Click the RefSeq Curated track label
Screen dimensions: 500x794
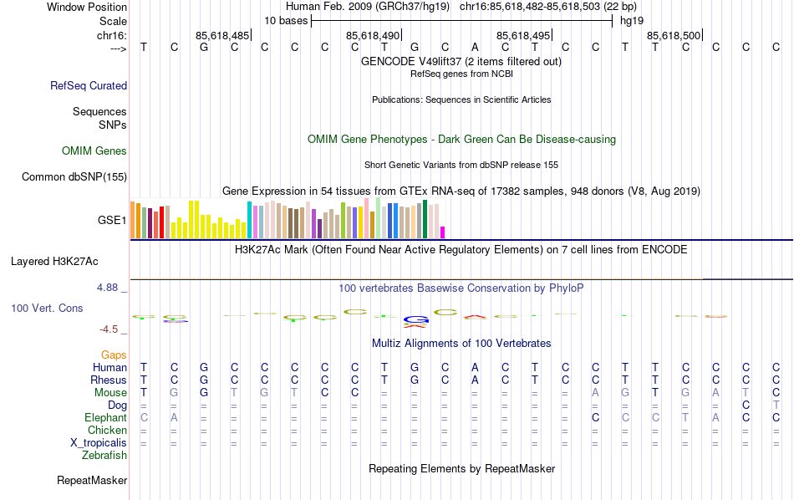click(x=89, y=85)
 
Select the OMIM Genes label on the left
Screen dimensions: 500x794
click(x=94, y=151)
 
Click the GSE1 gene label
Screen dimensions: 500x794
click(x=112, y=221)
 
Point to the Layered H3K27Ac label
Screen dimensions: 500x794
click(x=69, y=261)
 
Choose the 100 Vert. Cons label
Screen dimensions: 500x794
click(x=47, y=309)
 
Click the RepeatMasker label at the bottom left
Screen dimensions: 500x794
click(x=92, y=481)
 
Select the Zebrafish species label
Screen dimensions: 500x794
click(x=104, y=456)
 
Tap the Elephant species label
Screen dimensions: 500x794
click(x=105, y=417)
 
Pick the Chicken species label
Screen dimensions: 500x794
click(x=107, y=430)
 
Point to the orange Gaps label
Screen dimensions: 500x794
click(x=114, y=355)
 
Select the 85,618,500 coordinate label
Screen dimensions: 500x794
click(x=674, y=35)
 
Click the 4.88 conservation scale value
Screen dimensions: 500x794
click(x=108, y=288)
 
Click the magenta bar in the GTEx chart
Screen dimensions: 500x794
click(x=443, y=232)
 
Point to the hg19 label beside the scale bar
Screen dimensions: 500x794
click(x=631, y=20)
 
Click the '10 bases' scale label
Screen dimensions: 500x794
click(x=286, y=20)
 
